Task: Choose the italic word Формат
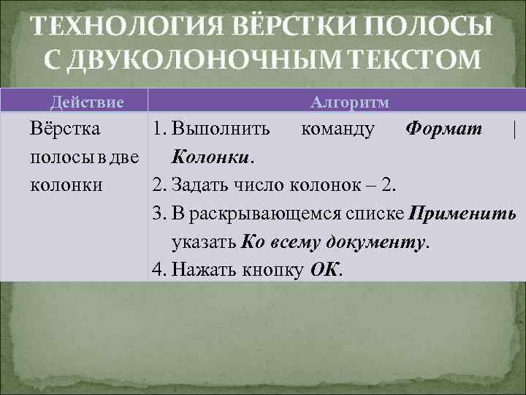click(x=444, y=129)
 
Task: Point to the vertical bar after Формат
click(x=515, y=129)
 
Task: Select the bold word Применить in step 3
click(x=462, y=213)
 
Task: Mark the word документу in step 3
click(x=384, y=241)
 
